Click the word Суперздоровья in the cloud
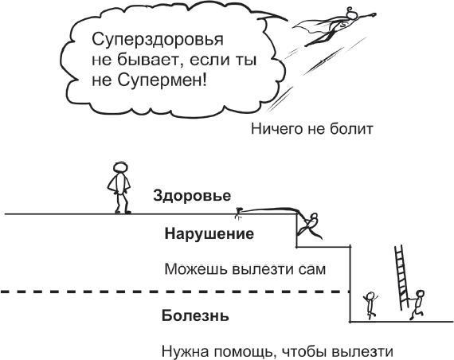point(158,41)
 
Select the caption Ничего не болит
point(312,129)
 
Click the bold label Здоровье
point(192,196)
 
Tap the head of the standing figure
point(120,167)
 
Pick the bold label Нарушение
point(209,233)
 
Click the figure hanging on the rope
point(309,226)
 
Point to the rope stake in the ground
point(238,213)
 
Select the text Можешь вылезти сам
point(245,269)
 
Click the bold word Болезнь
point(195,315)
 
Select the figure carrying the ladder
point(417,305)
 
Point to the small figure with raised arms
point(370,305)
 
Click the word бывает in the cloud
point(150,61)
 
